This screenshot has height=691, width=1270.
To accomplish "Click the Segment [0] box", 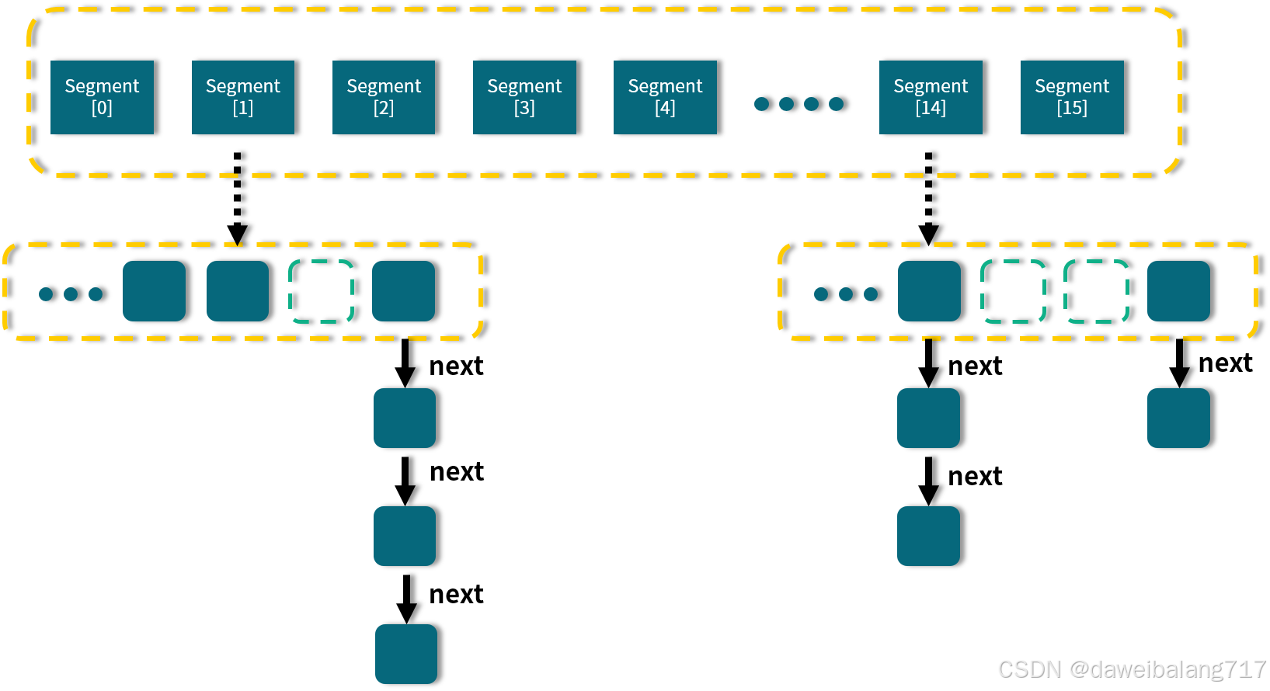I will coord(102,97).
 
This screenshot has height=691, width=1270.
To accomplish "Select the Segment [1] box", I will coord(243,97).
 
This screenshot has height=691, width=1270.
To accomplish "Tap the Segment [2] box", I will coord(384,97).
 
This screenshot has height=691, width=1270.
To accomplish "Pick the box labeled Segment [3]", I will coord(524,97).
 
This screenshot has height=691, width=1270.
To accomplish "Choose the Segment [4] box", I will coord(665,97).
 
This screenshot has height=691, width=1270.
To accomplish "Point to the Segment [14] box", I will coord(931,97).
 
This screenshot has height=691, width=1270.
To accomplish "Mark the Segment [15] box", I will coord(1072,97).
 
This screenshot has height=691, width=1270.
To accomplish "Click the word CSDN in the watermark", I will coord(1028,668).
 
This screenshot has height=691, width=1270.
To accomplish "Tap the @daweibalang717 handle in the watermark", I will coord(1167,668).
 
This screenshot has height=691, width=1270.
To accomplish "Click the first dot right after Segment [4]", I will coord(761,104).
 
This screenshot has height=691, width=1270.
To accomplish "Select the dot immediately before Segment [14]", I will coord(836,104).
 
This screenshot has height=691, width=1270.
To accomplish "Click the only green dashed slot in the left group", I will coord(321,291).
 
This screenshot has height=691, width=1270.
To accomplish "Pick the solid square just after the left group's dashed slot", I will coord(403,291).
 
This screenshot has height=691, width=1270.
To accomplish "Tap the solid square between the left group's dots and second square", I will coord(154,291).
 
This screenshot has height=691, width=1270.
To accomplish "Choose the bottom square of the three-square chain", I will coord(406,654).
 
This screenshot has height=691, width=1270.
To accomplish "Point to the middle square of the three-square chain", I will coord(405,536).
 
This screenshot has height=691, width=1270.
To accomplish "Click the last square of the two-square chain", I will coord(928,536).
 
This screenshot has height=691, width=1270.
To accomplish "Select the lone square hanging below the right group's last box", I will coord(1178,418).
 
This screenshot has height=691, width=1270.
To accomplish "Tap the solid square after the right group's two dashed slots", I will coord(1178,291).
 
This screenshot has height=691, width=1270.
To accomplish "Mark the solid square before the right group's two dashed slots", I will coord(929,291).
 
